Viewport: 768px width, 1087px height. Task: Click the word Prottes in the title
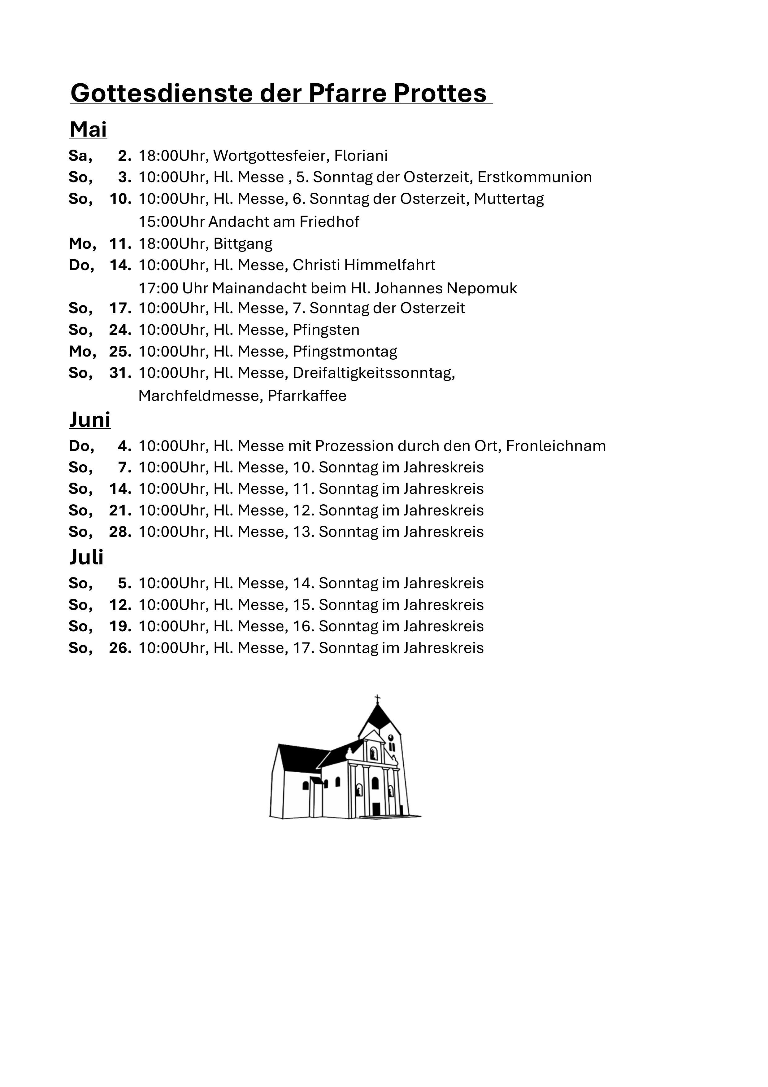point(440,93)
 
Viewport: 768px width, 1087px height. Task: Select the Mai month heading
point(89,129)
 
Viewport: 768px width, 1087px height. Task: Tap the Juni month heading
point(90,419)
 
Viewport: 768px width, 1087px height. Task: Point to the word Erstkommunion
point(534,177)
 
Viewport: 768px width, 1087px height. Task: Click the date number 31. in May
point(120,373)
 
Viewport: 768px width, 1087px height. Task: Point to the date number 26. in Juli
point(120,648)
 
